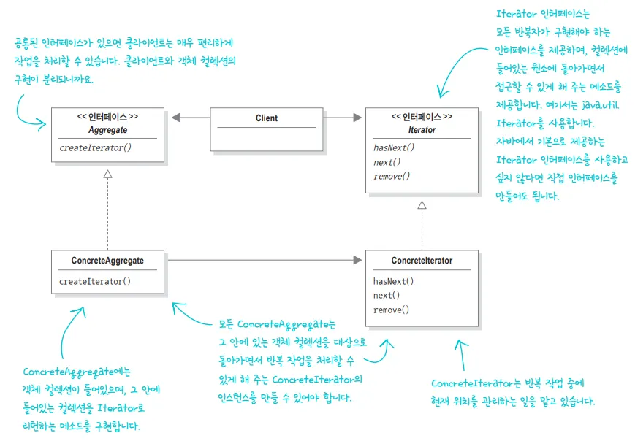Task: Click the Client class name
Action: coord(266,118)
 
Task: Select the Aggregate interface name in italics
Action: coord(107,129)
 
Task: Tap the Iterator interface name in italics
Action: coord(422,130)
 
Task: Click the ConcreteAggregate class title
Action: coord(107,261)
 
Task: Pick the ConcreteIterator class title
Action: coord(422,261)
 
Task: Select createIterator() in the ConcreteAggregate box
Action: coord(95,281)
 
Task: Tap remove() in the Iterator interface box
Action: coord(392,176)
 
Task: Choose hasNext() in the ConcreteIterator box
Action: coord(394,281)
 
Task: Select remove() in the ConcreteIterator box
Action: coord(392,310)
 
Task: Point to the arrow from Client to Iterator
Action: coord(343,118)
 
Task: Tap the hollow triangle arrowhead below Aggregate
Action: coord(107,174)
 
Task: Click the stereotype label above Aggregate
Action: coord(107,117)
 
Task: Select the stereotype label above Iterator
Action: coord(422,117)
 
